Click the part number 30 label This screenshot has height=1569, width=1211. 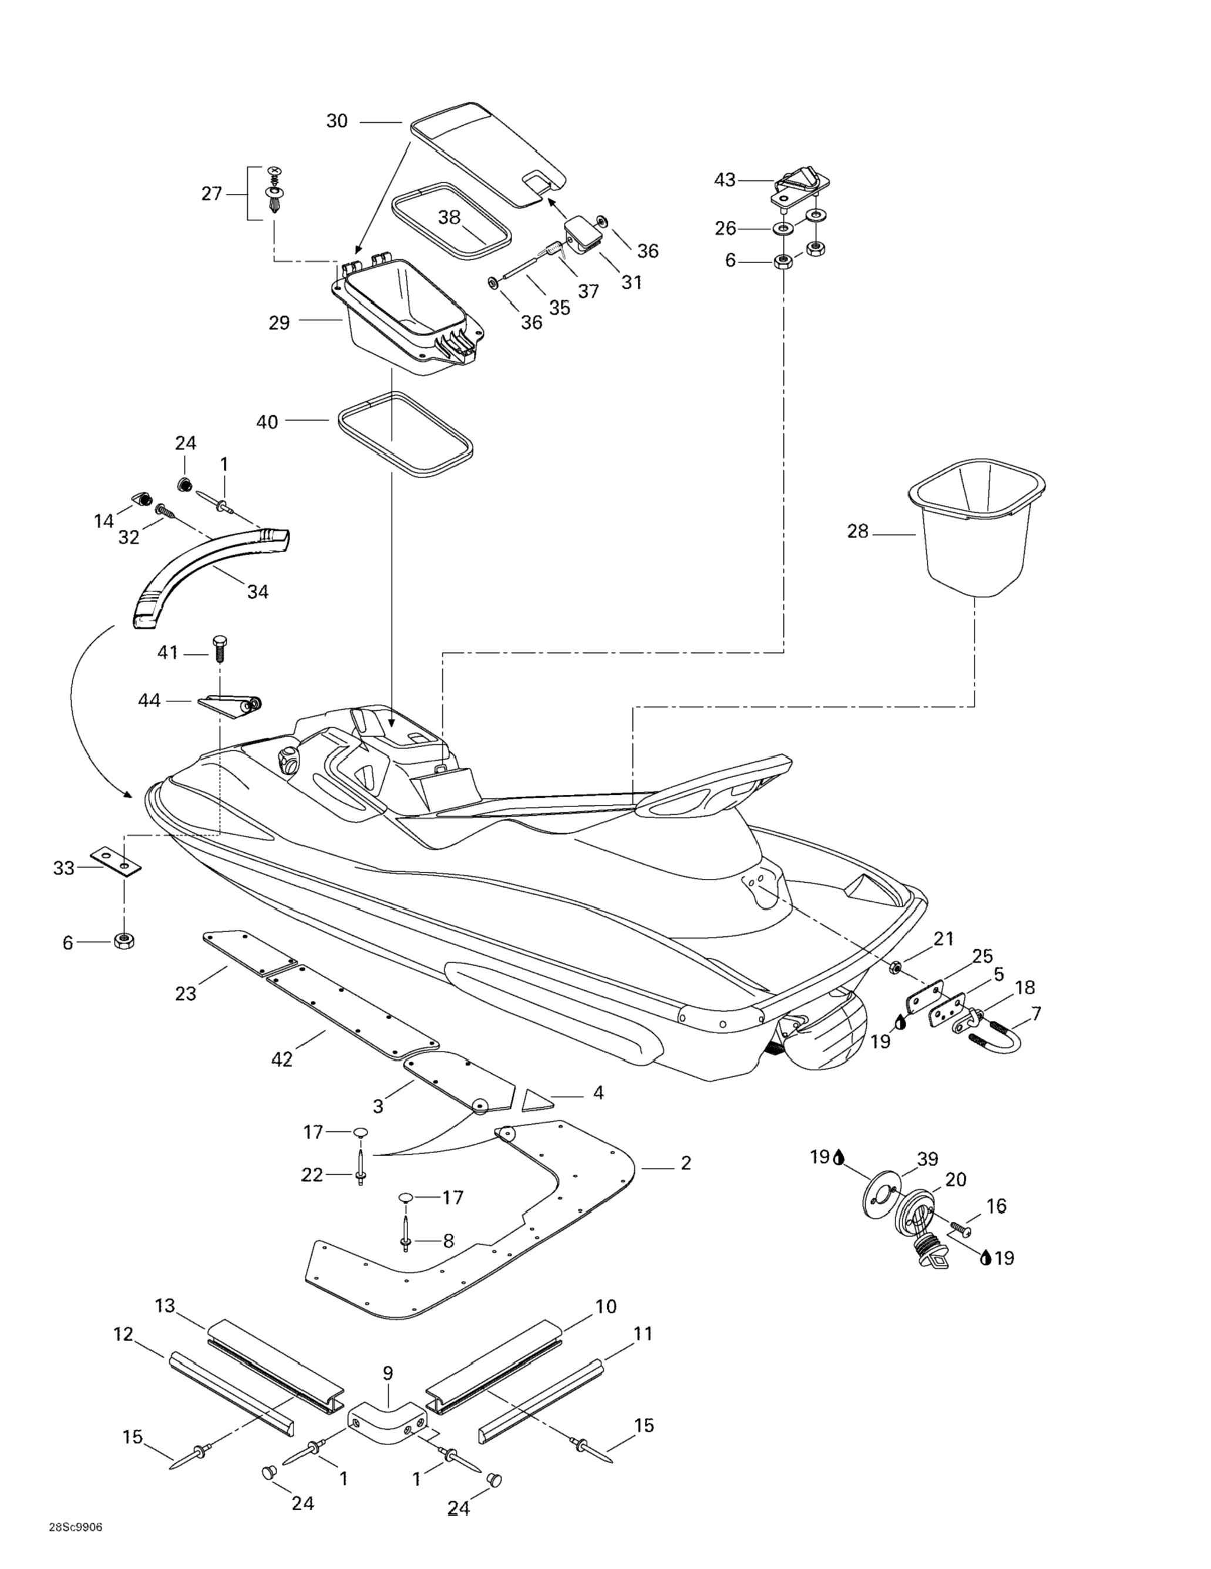pyautogui.click(x=337, y=122)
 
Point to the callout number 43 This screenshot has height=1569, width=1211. pyautogui.click(x=724, y=180)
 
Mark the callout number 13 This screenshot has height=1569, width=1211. pyautogui.click(x=165, y=1305)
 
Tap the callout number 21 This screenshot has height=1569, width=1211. pyautogui.click(x=943, y=938)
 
